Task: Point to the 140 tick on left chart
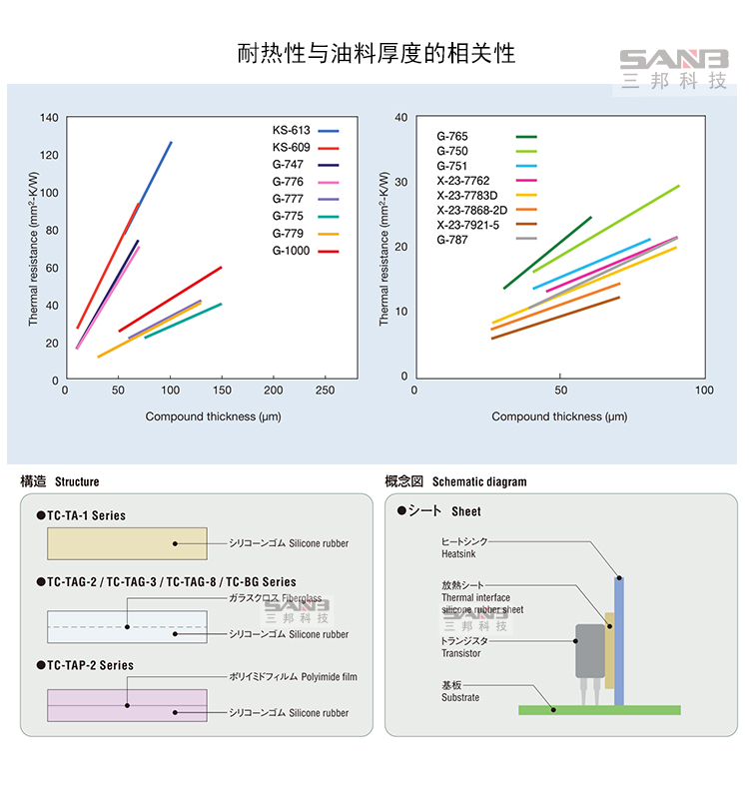pos(49,118)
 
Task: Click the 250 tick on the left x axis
pos(325,391)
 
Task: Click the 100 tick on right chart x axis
pos(704,391)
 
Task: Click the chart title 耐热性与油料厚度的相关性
pos(376,53)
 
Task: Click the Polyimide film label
pos(293,677)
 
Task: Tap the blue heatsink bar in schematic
pos(619,639)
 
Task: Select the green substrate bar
pos(599,710)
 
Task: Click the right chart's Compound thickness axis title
pos(559,416)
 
